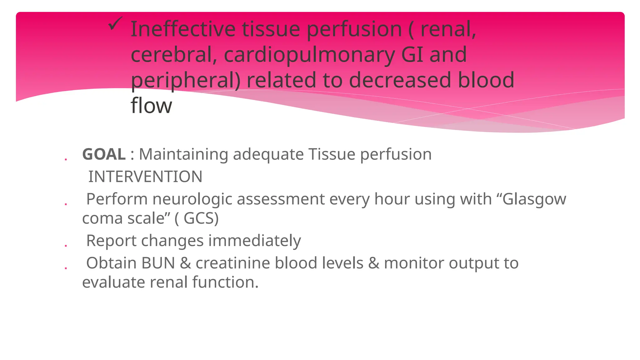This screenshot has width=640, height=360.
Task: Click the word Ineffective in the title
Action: (x=183, y=29)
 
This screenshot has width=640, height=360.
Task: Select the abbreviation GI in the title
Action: (x=412, y=55)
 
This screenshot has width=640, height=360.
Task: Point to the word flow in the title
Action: (x=151, y=106)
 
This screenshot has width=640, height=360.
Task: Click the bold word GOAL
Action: (x=104, y=154)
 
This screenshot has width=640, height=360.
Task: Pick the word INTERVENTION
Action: (x=145, y=177)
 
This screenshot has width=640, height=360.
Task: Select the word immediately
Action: (x=254, y=241)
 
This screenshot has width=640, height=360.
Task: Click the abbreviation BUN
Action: (x=158, y=263)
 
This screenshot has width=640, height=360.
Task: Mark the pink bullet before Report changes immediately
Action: (x=66, y=246)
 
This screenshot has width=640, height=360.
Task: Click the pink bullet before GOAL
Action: (x=66, y=160)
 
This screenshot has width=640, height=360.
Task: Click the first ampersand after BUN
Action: (x=185, y=263)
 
